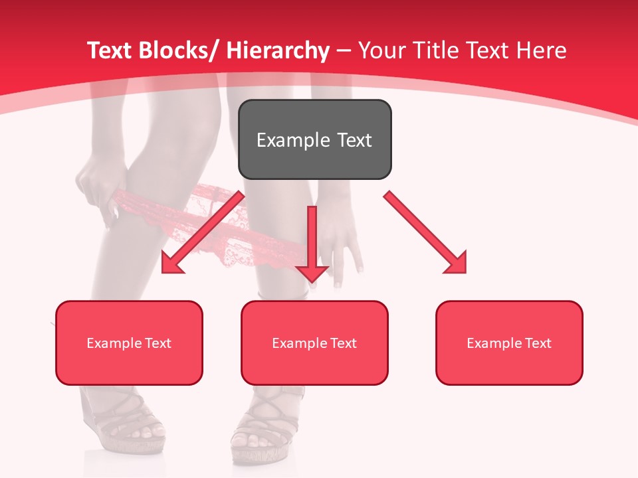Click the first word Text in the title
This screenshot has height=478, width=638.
[x=108, y=50]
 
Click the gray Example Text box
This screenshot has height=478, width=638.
[x=314, y=139]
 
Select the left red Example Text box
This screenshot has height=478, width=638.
[x=129, y=343]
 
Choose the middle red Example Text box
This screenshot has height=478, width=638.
[x=314, y=343]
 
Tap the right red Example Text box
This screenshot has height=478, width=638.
[x=509, y=343]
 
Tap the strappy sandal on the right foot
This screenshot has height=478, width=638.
[x=266, y=425]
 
